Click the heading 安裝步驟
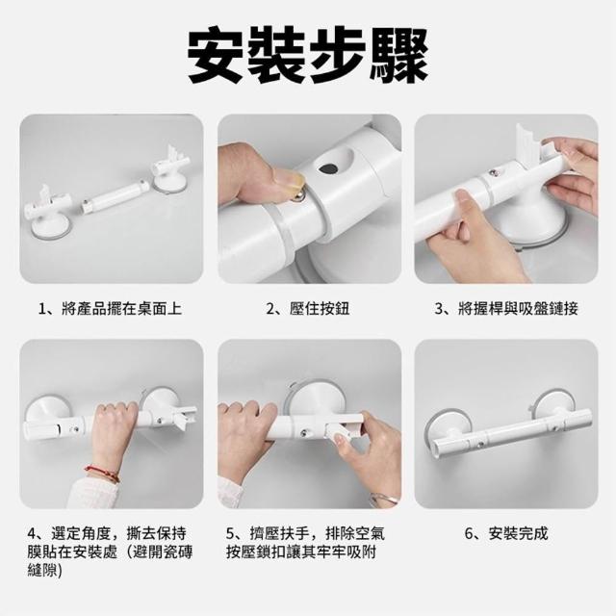click(x=308, y=55)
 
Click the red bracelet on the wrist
click(x=102, y=473)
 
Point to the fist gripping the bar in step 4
click(x=115, y=424)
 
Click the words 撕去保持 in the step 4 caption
click(x=156, y=533)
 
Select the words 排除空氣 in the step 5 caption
click(x=355, y=533)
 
